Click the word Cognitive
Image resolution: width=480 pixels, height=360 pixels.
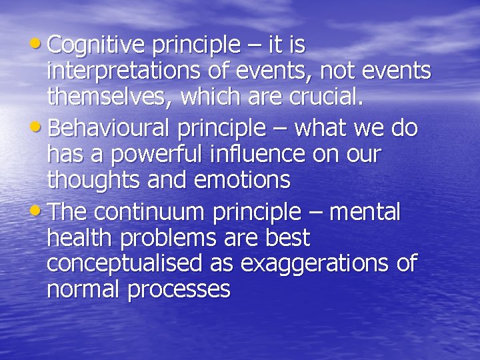(x=96, y=45)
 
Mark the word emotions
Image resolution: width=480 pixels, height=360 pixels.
(x=241, y=180)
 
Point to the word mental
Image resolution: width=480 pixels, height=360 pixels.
(x=365, y=212)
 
